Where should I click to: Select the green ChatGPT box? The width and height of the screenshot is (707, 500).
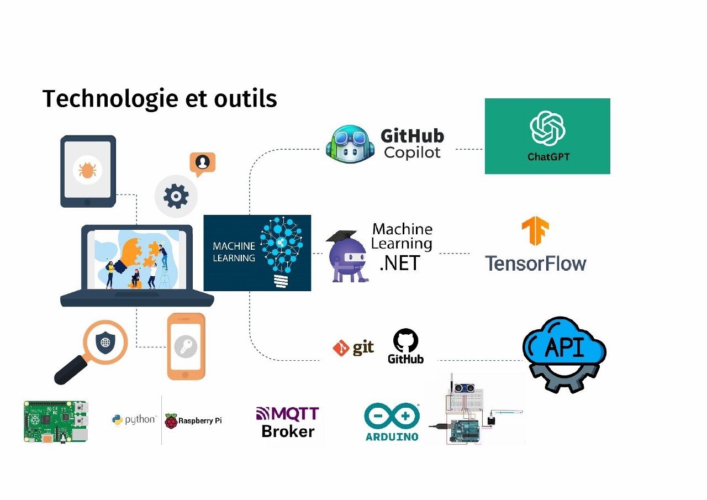click(x=547, y=136)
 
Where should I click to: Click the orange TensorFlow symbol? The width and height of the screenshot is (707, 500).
click(x=535, y=231)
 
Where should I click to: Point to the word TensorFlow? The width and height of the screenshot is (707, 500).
click(x=535, y=263)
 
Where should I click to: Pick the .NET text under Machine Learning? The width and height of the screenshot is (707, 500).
click(x=400, y=263)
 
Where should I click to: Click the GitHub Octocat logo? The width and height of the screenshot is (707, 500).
click(x=405, y=341)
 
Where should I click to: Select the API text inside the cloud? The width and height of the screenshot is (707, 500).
click(x=564, y=346)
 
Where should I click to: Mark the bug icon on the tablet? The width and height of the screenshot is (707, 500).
click(x=87, y=170)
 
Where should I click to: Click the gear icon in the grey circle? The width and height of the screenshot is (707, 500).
click(x=176, y=196)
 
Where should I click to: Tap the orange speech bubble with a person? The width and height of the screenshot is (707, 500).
click(x=202, y=162)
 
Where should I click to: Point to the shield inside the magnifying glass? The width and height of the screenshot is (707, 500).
click(x=104, y=343)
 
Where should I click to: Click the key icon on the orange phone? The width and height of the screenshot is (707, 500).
click(x=186, y=347)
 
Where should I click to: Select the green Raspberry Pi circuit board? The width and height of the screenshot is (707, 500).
click(x=55, y=422)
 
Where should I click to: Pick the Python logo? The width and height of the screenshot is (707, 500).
click(x=118, y=420)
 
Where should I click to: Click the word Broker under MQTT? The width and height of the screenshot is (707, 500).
click(x=288, y=431)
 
